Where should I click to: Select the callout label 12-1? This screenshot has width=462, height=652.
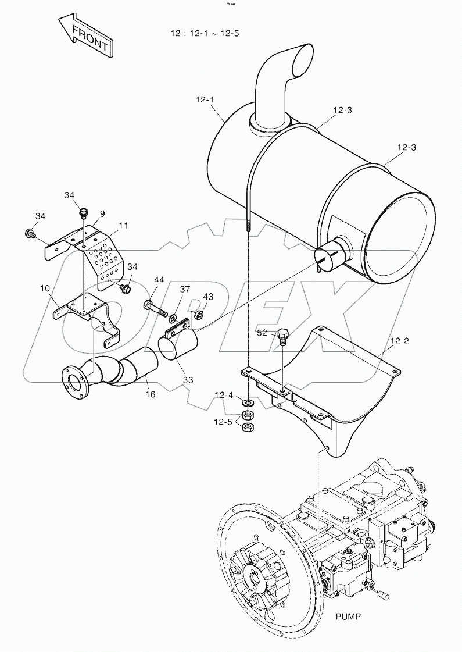(x=205, y=99)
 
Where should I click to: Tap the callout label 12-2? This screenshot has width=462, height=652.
(x=399, y=341)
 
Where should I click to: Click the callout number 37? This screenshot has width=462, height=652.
(x=185, y=290)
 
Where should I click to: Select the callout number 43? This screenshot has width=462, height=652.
(x=207, y=297)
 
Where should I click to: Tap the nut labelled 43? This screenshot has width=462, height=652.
(x=198, y=315)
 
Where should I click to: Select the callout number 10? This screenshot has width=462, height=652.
(x=45, y=288)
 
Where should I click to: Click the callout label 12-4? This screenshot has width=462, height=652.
(x=224, y=396)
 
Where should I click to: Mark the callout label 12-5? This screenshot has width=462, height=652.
(x=224, y=422)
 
